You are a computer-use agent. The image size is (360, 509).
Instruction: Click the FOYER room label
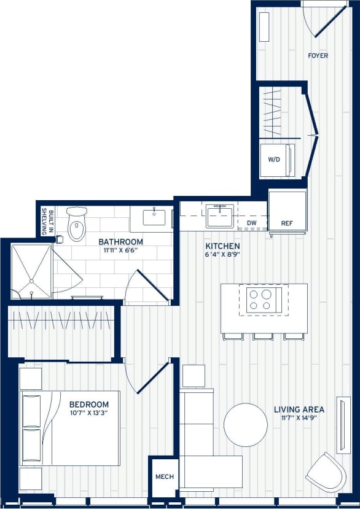(318, 56)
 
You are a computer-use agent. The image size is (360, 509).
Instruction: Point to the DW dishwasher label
(251, 223)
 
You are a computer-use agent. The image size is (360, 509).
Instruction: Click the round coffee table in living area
(245, 424)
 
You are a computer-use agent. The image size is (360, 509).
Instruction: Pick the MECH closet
(164, 476)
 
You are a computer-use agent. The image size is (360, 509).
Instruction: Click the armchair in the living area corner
(325, 472)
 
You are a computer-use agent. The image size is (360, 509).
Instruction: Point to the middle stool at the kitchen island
(264, 336)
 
